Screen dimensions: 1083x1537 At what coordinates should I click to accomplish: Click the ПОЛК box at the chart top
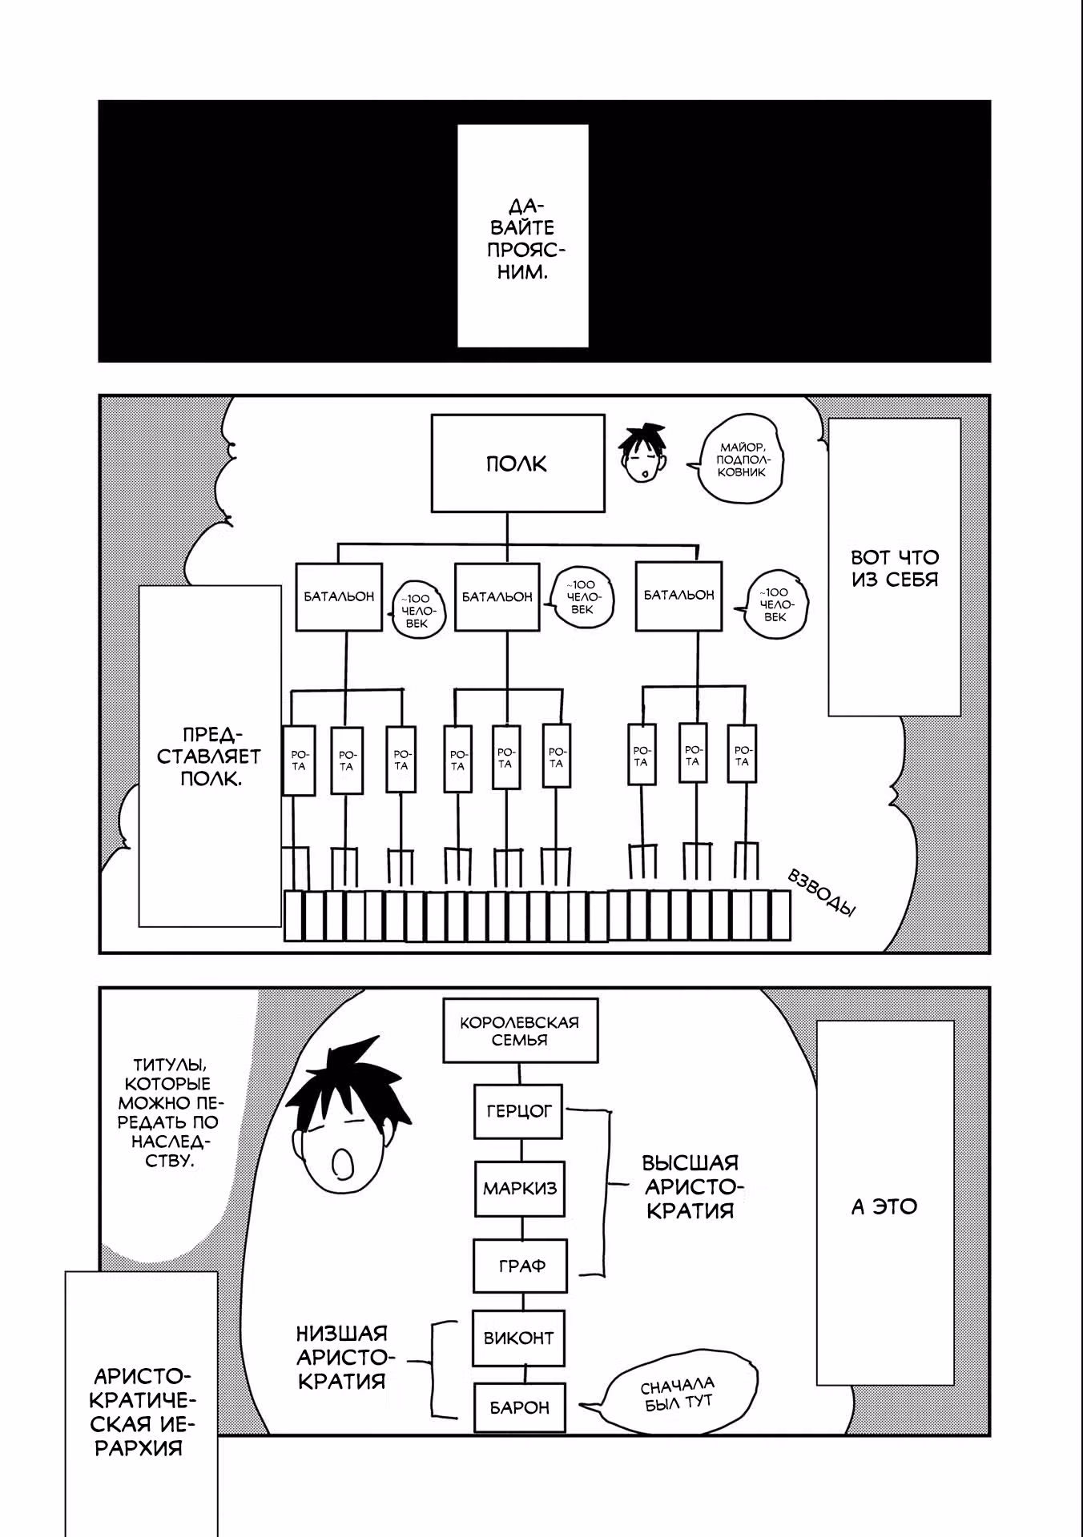coord(517,463)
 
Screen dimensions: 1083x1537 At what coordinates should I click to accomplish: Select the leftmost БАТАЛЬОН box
coord(339,596)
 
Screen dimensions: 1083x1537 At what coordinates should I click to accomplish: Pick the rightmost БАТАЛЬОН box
coord(678,595)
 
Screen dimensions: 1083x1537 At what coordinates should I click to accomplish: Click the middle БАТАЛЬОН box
coord(497,596)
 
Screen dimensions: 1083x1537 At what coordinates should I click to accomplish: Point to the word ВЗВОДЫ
coord(822,891)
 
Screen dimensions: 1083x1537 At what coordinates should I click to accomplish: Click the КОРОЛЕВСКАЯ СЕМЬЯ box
coord(520,1030)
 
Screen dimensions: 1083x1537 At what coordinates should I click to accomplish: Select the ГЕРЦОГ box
coord(519,1111)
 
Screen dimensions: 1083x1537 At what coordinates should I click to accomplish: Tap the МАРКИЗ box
coord(519,1189)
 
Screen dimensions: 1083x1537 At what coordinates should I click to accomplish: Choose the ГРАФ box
coord(521,1266)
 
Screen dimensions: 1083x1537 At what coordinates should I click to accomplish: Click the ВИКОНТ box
coord(518,1338)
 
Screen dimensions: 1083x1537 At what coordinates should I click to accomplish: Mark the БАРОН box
coord(519,1407)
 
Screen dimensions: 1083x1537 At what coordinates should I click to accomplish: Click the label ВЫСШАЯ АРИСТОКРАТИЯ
coord(690,1186)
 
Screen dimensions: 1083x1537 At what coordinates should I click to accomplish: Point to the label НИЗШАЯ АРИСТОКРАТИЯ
coord(343,1357)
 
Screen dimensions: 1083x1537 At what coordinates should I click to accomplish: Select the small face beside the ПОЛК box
coord(643,453)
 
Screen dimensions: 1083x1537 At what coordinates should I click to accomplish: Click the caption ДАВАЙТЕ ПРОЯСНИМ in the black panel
coord(522,239)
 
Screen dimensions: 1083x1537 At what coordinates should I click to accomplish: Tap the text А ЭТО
coord(884,1206)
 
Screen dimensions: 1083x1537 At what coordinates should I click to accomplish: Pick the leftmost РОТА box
coord(299,760)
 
